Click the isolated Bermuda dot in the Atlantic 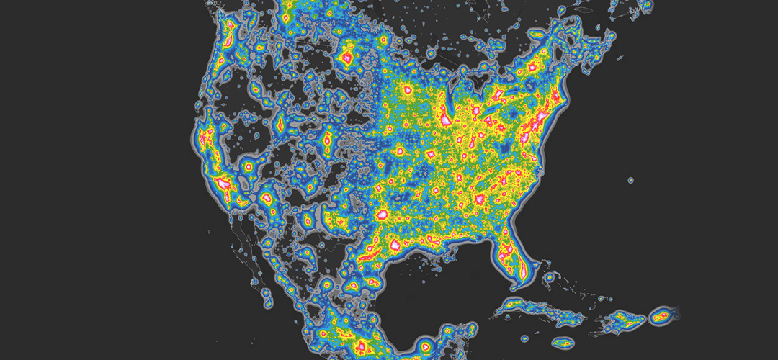coord(630,179)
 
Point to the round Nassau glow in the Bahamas coord(549,276)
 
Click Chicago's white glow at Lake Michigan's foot coord(448,123)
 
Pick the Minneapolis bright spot coord(406,90)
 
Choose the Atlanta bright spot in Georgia coord(478,197)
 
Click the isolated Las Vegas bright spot coord(249,166)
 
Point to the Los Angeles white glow coord(221,181)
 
